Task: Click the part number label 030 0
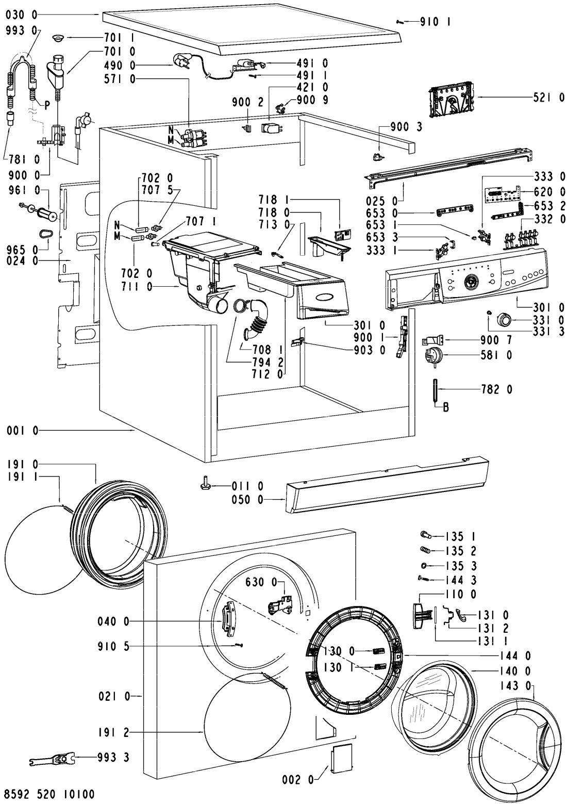coord(22,15)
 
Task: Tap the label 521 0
coord(549,97)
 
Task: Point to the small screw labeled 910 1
coord(401,22)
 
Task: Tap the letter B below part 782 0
coord(446,407)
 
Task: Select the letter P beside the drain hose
coord(47,105)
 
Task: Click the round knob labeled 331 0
coord(504,319)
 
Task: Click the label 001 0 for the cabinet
coord(22,431)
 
